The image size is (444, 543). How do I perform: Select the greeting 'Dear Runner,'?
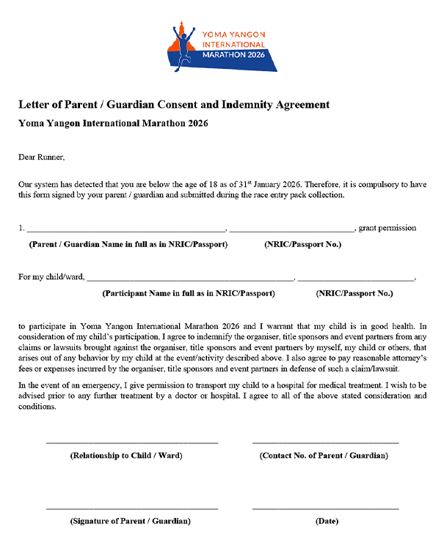pos(42,156)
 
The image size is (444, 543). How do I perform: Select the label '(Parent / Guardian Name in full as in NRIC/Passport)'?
pos(128,244)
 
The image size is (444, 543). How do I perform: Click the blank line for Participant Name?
pos(190,280)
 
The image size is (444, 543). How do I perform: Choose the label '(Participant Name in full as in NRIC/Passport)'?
pos(189,293)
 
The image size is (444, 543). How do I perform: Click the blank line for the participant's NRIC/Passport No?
pos(356,280)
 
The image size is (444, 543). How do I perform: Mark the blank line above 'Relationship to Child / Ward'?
pos(132,443)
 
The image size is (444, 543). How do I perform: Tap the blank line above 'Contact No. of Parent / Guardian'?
pos(325,443)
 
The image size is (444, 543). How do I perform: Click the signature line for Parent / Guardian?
pos(132,508)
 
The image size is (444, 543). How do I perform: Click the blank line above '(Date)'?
pos(325,508)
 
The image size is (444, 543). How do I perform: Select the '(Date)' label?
pos(327,521)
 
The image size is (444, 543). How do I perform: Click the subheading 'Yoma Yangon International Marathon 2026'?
pos(113,123)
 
